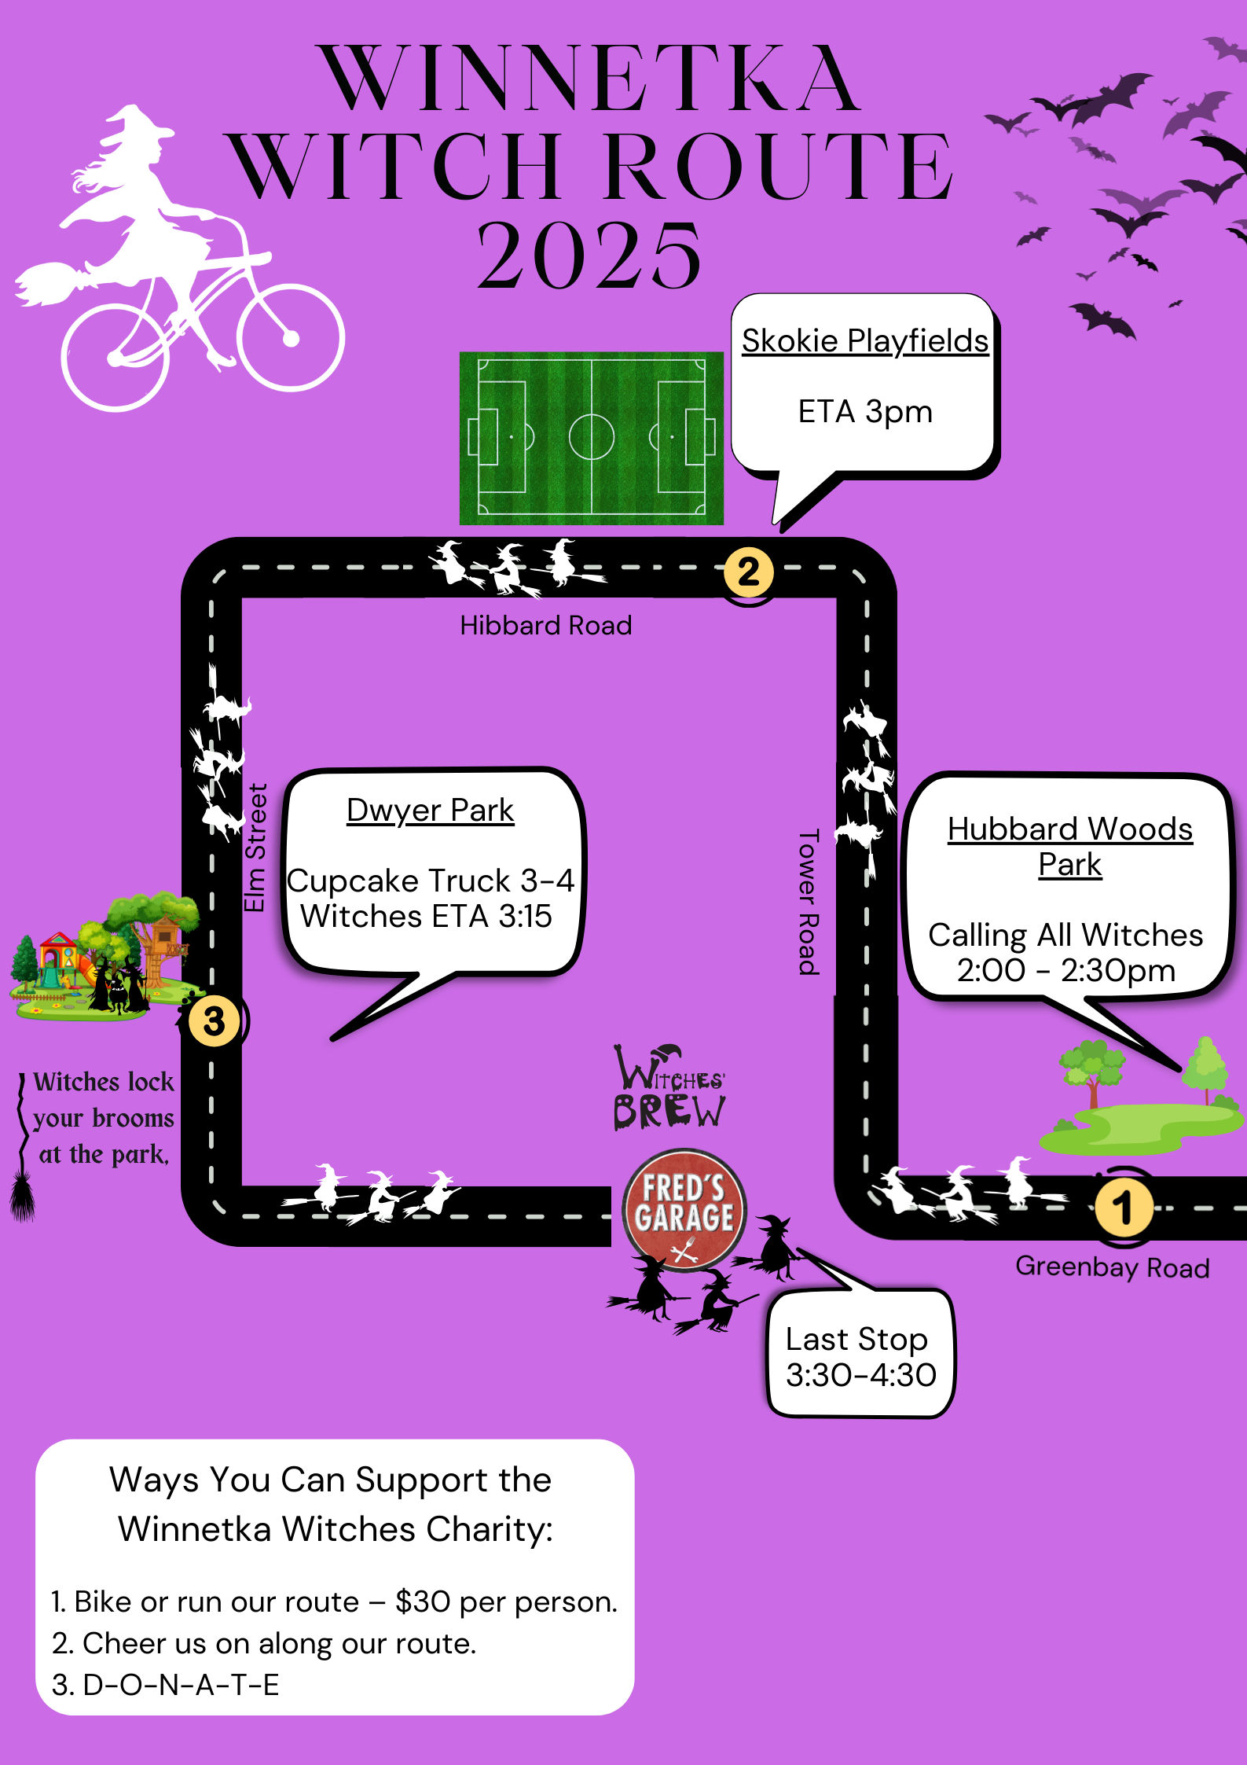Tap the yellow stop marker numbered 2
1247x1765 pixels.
point(748,572)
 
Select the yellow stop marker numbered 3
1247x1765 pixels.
point(214,1021)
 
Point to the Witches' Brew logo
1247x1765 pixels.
point(669,1089)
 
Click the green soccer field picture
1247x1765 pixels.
point(591,438)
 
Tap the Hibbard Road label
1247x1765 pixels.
point(545,626)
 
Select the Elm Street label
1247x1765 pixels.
point(255,848)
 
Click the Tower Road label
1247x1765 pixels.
point(809,902)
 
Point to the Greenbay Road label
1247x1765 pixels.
point(1112,1267)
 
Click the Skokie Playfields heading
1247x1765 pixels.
point(865,341)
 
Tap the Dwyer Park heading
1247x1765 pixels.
point(430,811)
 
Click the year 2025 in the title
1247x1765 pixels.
point(589,256)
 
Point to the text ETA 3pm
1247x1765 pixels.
point(865,412)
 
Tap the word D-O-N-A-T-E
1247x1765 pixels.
point(181,1685)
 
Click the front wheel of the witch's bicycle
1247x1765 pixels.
point(291,338)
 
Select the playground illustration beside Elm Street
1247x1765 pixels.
point(102,959)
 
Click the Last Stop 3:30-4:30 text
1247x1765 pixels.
point(860,1357)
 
